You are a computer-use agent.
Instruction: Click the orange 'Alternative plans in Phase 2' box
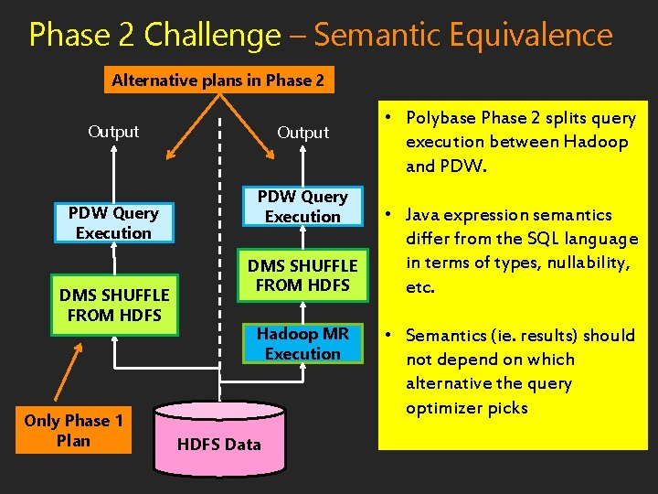218,81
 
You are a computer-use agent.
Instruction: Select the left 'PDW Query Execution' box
113,223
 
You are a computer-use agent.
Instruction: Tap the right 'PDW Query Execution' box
302,207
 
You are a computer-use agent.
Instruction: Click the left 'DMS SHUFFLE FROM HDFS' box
114,305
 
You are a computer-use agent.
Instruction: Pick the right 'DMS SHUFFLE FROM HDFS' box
302,275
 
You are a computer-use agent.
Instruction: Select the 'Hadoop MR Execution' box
302,344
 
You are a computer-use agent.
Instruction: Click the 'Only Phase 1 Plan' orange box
73,431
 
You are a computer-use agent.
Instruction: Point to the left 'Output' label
113,132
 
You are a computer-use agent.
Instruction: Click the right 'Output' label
302,133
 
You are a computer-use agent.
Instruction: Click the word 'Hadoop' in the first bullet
595,142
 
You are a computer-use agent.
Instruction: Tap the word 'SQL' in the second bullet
521,239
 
